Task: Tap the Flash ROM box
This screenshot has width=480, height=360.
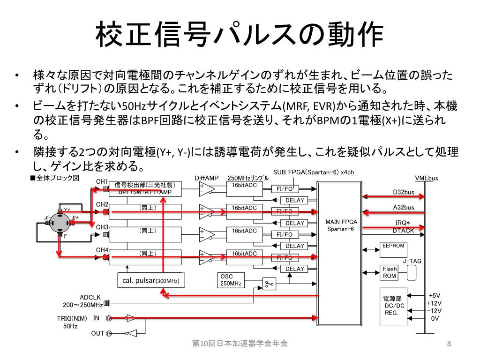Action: click(390, 272)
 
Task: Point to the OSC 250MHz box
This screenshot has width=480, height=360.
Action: click(231, 280)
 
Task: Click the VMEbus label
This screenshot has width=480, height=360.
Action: click(426, 178)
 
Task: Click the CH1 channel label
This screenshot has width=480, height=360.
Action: click(102, 181)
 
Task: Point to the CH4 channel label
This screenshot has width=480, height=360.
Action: click(102, 250)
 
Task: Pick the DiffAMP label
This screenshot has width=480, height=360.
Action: click(207, 178)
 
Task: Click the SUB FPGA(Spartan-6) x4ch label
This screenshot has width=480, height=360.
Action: click(314, 172)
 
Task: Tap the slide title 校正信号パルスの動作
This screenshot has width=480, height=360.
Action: click(240, 34)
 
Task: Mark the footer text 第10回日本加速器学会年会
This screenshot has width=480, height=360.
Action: click(240, 344)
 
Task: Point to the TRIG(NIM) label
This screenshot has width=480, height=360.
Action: click(72, 318)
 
